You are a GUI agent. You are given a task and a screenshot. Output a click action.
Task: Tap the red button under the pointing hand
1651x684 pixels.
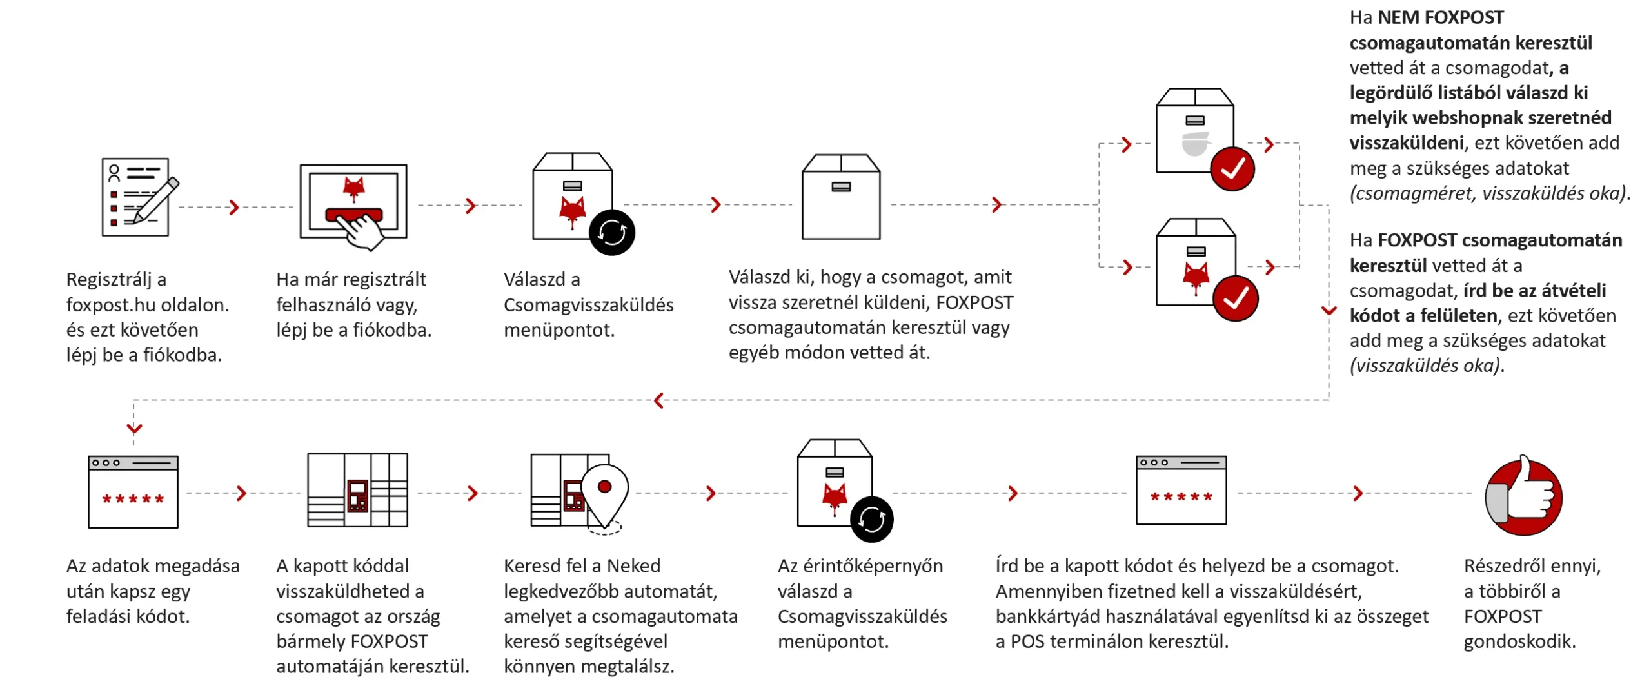click(353, 215)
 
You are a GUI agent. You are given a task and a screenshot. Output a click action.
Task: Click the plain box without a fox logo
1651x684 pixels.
click(840, 197)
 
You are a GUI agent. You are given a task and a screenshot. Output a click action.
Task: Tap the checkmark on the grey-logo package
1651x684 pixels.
click(1232, 170)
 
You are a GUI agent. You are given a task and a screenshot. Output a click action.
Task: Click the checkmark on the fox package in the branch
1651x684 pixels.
click(1234, 298)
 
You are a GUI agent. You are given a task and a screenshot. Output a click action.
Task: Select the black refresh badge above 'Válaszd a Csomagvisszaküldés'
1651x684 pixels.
click(611, 232)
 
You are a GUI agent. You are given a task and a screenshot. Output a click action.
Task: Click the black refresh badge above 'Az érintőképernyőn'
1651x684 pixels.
click(871, 519)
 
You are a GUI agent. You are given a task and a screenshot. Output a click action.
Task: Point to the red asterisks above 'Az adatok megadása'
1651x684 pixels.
click(133, 499)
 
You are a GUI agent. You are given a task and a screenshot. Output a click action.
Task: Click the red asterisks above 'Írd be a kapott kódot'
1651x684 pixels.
click(1181, 496)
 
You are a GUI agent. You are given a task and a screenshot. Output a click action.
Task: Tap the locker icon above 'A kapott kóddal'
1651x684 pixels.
click(357, 491)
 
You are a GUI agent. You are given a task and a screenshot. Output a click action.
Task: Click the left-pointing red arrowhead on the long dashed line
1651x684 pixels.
click(658, 400)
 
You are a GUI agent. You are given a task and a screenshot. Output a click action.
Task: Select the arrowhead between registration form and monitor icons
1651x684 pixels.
click(234, 207)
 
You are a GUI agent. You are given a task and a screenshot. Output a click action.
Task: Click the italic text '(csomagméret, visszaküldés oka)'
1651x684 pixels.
click(1489, 193)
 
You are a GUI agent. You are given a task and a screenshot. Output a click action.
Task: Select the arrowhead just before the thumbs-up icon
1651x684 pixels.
click(1358, 493)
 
